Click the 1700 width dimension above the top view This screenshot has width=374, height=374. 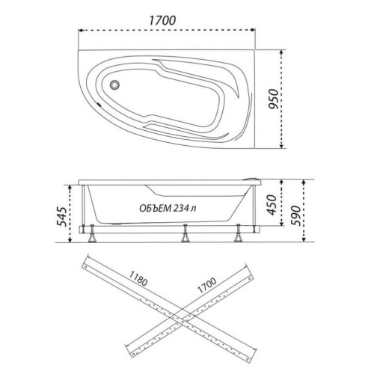pos(162,20)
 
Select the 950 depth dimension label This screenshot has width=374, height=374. pos(274,99)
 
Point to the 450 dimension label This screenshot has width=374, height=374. pos(272,205)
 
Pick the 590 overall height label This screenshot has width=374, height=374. pos(296,215)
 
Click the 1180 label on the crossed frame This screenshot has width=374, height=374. pos(138,278)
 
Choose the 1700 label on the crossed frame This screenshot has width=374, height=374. pos(206,285)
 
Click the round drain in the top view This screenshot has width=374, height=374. pos(114,85)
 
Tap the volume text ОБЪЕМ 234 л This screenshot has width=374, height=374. pos(168,208)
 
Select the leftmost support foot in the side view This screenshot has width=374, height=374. pos(92,233)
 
